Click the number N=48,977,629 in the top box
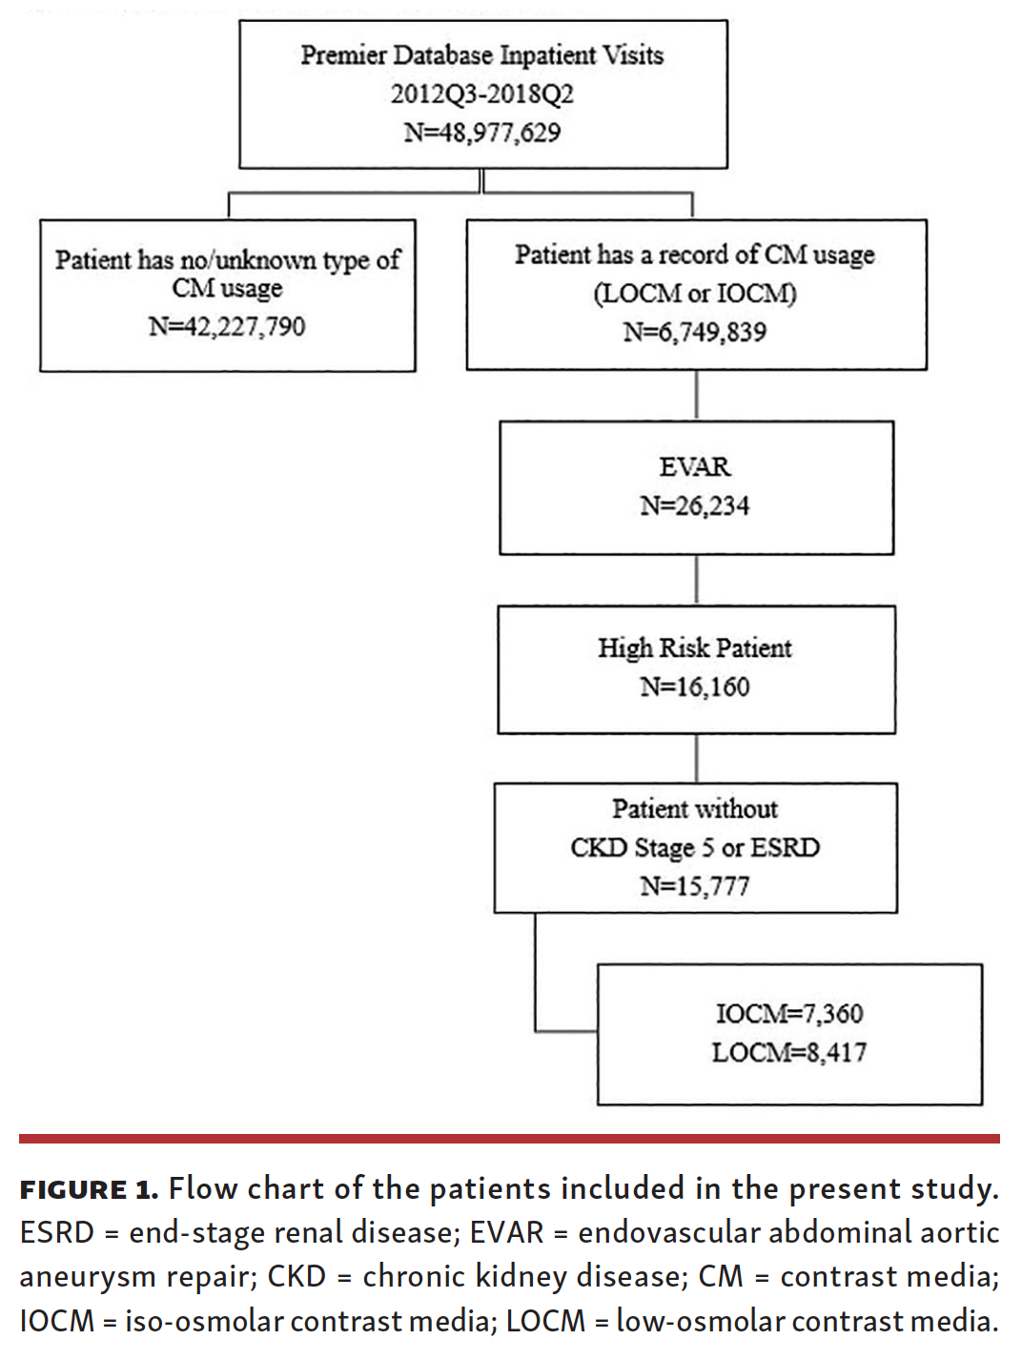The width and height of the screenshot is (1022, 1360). pos(481,133)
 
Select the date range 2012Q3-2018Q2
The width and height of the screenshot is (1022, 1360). pos(481,93)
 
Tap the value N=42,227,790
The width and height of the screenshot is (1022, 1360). pos(227,327)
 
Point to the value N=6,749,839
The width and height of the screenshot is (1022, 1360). pos(695,332)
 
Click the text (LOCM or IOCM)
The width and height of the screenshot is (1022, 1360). pos(695,293)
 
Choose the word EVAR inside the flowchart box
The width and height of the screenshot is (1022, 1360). pos(695,466)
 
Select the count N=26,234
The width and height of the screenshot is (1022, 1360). pos(695,505)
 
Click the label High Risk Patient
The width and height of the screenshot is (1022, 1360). pos(695,649)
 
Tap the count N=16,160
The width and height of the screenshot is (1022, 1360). pos(695,687)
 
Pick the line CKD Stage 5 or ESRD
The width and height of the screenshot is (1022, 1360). pos(695,848)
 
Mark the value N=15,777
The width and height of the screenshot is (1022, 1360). pos(695,887)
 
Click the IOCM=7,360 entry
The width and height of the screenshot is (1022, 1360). pos(789,1014)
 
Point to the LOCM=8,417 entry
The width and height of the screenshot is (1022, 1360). pos(789,1053)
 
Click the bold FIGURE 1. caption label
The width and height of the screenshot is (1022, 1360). pos(89,1190)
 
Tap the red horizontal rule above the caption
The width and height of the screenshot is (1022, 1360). pos(509,1139)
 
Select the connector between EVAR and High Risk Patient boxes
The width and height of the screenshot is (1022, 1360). pos(697,580)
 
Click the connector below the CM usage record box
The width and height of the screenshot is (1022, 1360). pos(697,395)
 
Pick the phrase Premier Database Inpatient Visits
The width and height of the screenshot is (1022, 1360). pos(481,55)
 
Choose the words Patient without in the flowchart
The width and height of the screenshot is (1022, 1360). pos(695,809)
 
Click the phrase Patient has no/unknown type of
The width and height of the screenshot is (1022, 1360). pos(227,259)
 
